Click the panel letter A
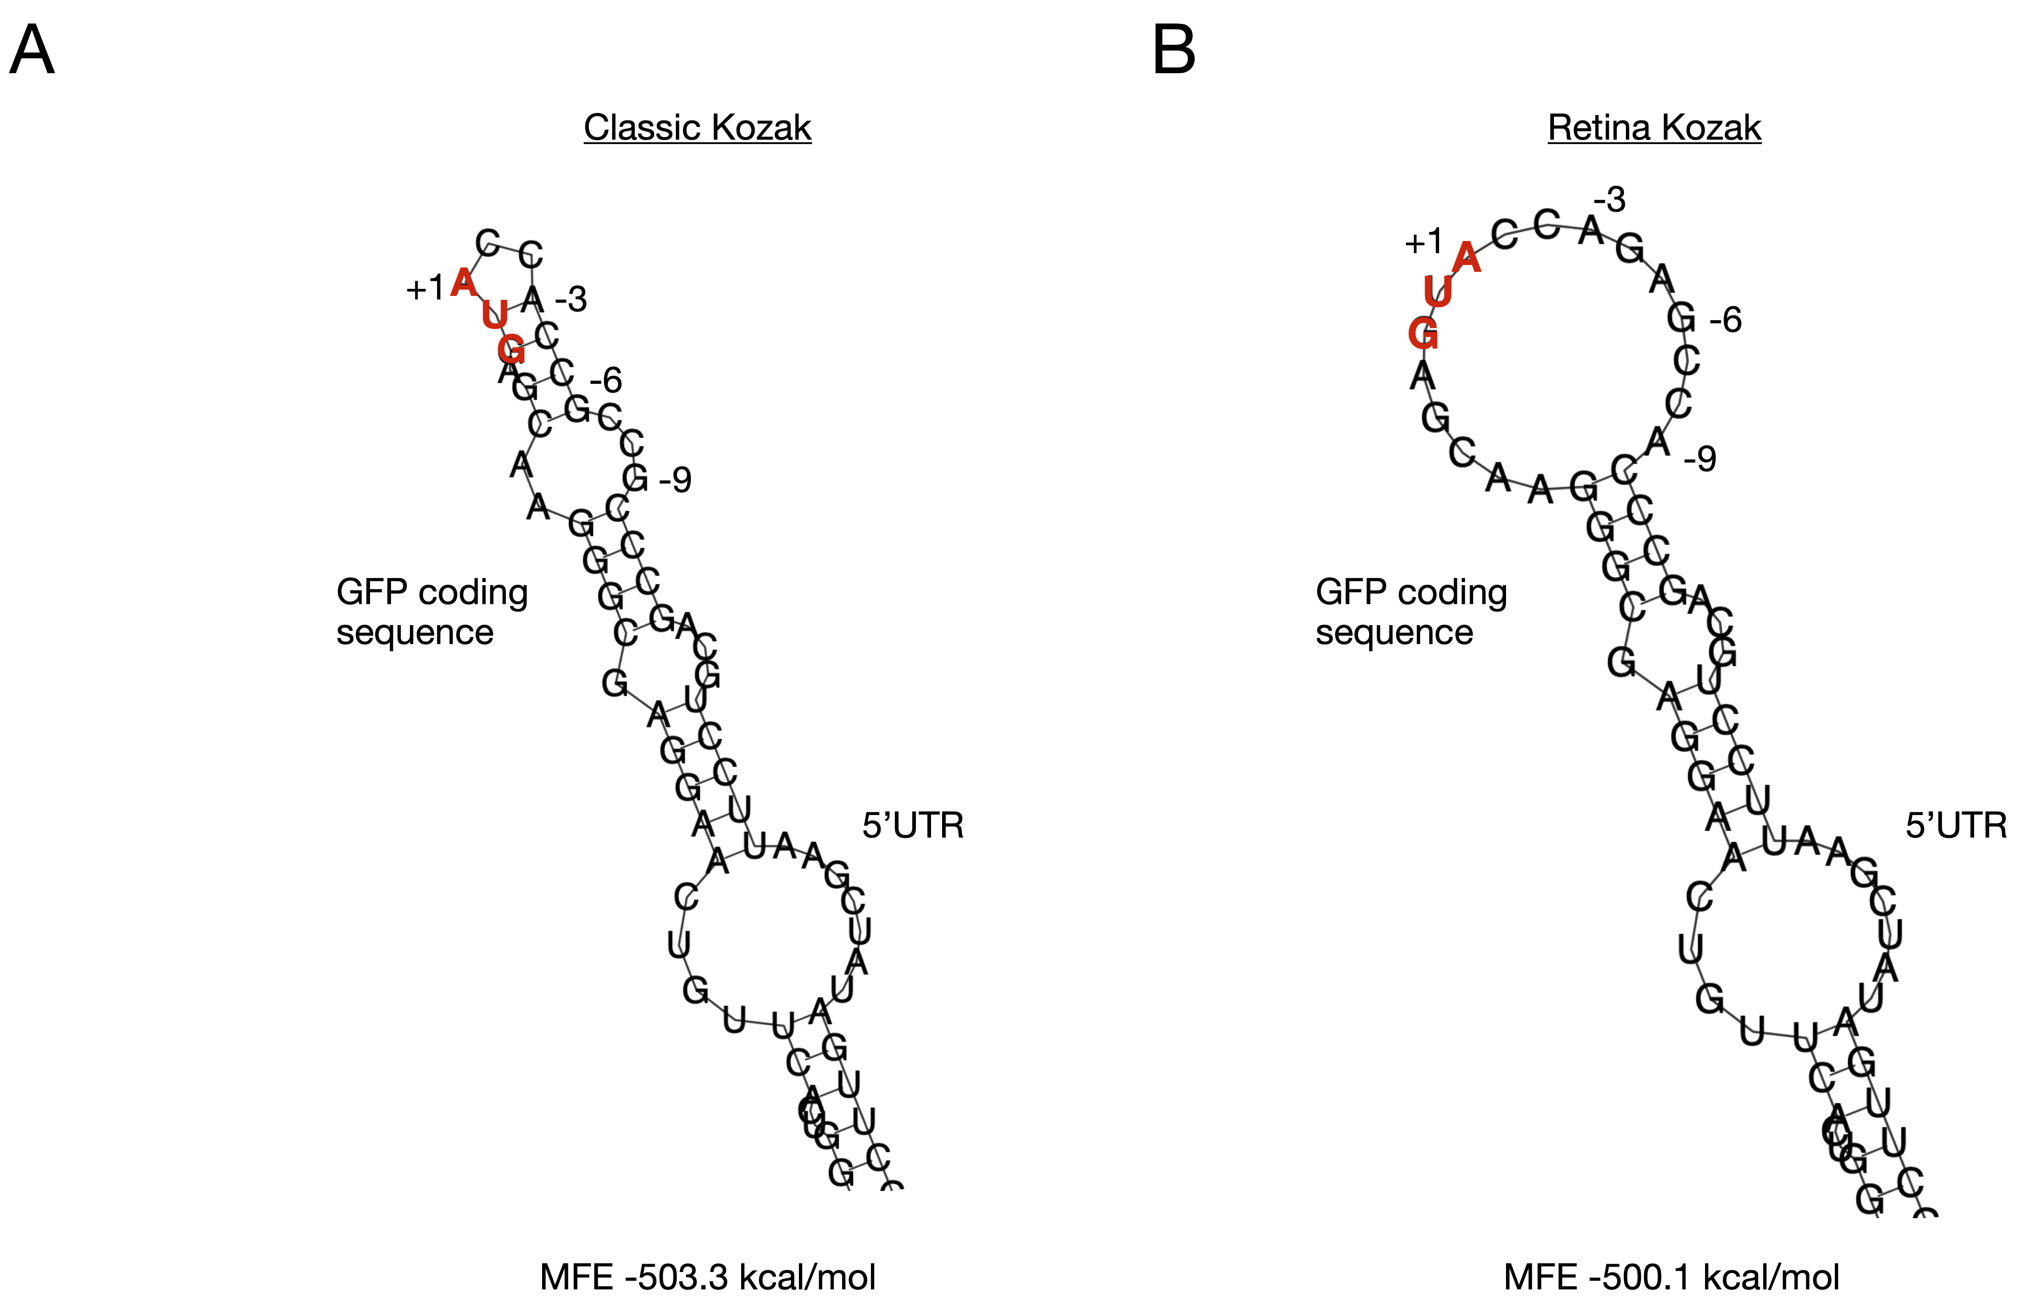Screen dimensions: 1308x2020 [x=32, y=51]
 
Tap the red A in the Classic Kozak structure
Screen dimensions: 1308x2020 [x=463, y=282]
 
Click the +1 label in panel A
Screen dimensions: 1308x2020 [x=425, y=290]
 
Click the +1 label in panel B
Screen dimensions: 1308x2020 [x=1423, y=243]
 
